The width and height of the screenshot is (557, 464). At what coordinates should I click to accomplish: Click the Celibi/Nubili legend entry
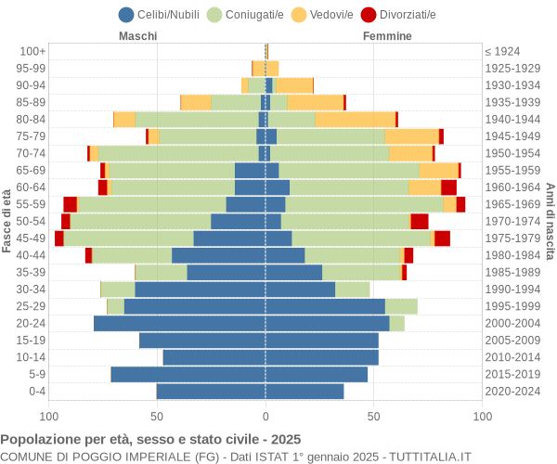point(161,14)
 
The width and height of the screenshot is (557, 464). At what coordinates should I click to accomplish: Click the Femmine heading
point(387,36)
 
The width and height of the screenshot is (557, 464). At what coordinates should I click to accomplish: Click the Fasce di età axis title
point(7,221)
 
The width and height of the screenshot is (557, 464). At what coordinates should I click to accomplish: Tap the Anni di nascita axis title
point(549,221)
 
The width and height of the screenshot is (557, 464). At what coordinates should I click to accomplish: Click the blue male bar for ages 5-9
point(188,374)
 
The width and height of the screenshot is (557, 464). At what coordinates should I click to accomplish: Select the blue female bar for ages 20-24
point(327,323)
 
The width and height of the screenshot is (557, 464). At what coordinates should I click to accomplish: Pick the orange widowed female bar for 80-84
point(355,119)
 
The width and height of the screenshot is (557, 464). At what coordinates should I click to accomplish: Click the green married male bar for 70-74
point(178,153)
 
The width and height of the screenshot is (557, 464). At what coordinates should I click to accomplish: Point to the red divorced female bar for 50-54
point(420,221)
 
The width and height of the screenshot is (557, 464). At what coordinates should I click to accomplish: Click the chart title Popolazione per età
point(150,439)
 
